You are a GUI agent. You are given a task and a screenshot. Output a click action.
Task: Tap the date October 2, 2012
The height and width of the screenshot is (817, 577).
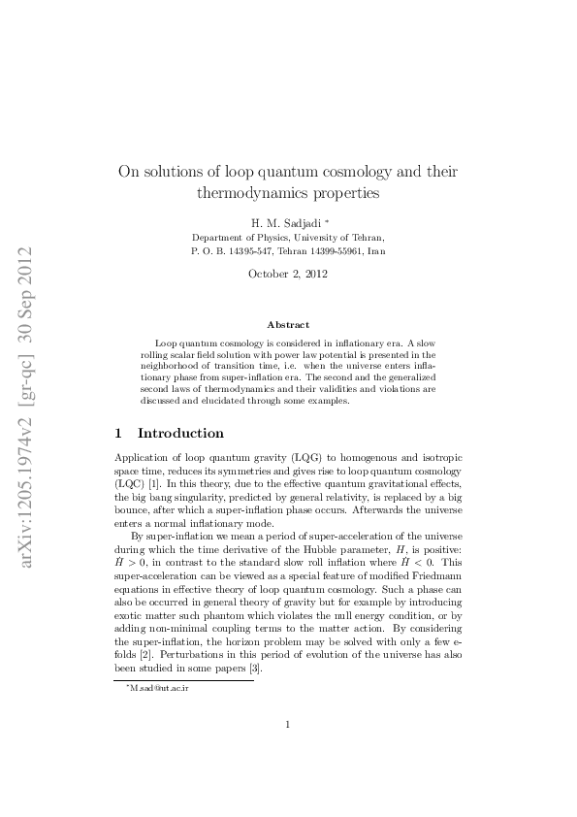coord(288,274)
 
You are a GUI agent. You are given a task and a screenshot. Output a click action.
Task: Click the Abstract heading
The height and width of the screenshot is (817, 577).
coord(288,324)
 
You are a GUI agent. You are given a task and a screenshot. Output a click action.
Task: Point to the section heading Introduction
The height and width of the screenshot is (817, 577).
coord(180,433)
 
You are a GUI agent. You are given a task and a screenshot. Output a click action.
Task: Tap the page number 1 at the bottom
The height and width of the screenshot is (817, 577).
coord(288,749)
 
